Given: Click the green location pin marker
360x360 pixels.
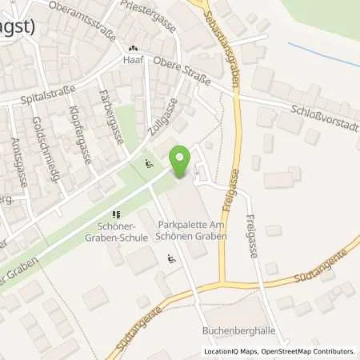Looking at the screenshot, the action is click(x=182, y=162).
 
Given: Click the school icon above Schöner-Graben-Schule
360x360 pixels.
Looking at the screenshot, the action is click(x=116, y=214).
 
